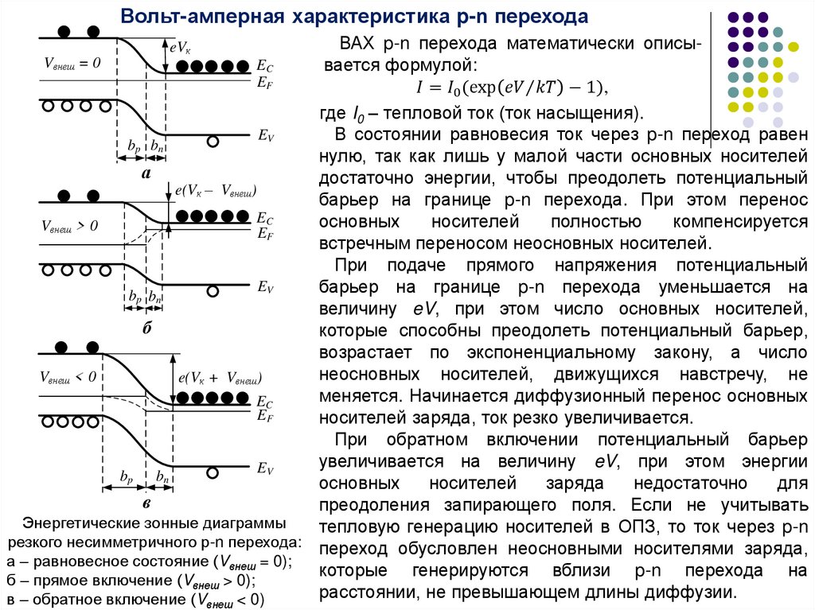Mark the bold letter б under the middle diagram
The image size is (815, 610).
tap(146, 327)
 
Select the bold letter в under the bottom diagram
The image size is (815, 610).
tap(146, 503)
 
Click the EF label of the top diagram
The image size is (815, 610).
tap(265, 80)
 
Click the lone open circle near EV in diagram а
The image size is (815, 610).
tap(213, 142)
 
